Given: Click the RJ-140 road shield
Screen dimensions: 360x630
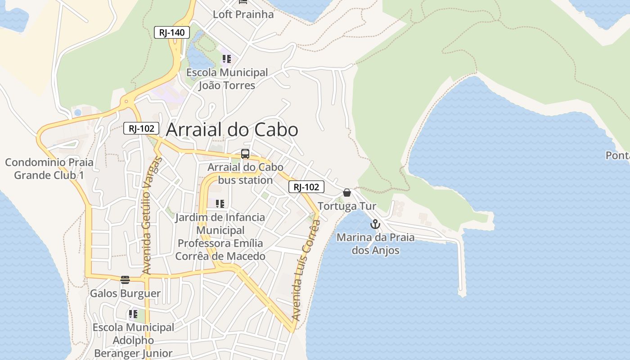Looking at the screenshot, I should [x=172, y=32].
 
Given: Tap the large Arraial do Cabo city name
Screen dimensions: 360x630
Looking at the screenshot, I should [x=232, y=130].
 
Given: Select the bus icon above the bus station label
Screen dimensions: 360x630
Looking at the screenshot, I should [x=245, y=154].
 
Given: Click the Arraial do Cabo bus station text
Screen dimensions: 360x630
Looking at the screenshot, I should [x=245, y=174].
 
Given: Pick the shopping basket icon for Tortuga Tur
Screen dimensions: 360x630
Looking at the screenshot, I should [x=347, y=193].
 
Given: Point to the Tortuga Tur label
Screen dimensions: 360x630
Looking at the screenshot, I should [x=347, y=206].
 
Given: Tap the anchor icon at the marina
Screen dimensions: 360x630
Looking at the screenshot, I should [x=375, y=224].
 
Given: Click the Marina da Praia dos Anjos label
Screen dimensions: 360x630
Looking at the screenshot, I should [x=376, y=243].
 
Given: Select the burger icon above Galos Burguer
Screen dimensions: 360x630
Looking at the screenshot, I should [x=125, y=280].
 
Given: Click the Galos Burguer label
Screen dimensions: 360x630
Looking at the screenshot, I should [x=125, y=294].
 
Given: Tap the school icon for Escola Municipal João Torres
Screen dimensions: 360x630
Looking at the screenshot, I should [x=227, y=59].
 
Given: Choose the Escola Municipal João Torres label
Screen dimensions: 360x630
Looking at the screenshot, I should [x=227, y=79].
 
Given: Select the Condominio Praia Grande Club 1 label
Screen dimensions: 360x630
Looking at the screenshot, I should [x=49, y=169].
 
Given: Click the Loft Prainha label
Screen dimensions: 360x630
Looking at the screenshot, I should [x=243, y=14].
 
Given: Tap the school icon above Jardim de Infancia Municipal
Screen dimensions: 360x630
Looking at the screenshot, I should [x=220, y=204].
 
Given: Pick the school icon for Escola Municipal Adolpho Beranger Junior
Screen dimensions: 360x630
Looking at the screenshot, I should [x=133, y=314].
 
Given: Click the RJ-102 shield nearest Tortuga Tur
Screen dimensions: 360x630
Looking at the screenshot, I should [x=306, y=187].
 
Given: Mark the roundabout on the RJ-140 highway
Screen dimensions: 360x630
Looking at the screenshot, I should [x=126, y=101].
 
